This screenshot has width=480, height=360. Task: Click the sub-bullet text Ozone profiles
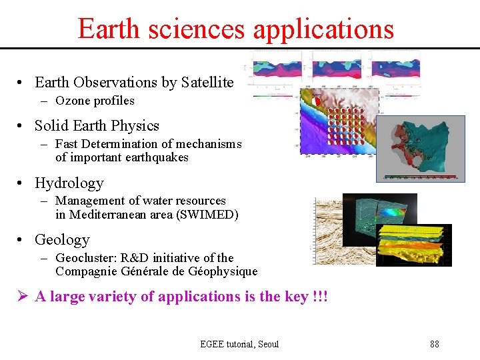point(95,101)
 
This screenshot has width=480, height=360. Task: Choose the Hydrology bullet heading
point(69,183)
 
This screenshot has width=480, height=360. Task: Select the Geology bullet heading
point(62,240)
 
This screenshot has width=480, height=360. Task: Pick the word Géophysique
point(224,271)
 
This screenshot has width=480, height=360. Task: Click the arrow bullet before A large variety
point(23,297)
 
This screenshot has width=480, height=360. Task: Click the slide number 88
point(435,344)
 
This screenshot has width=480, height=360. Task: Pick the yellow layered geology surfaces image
point(413,245)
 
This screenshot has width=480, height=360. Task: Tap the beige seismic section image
point(327,230)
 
